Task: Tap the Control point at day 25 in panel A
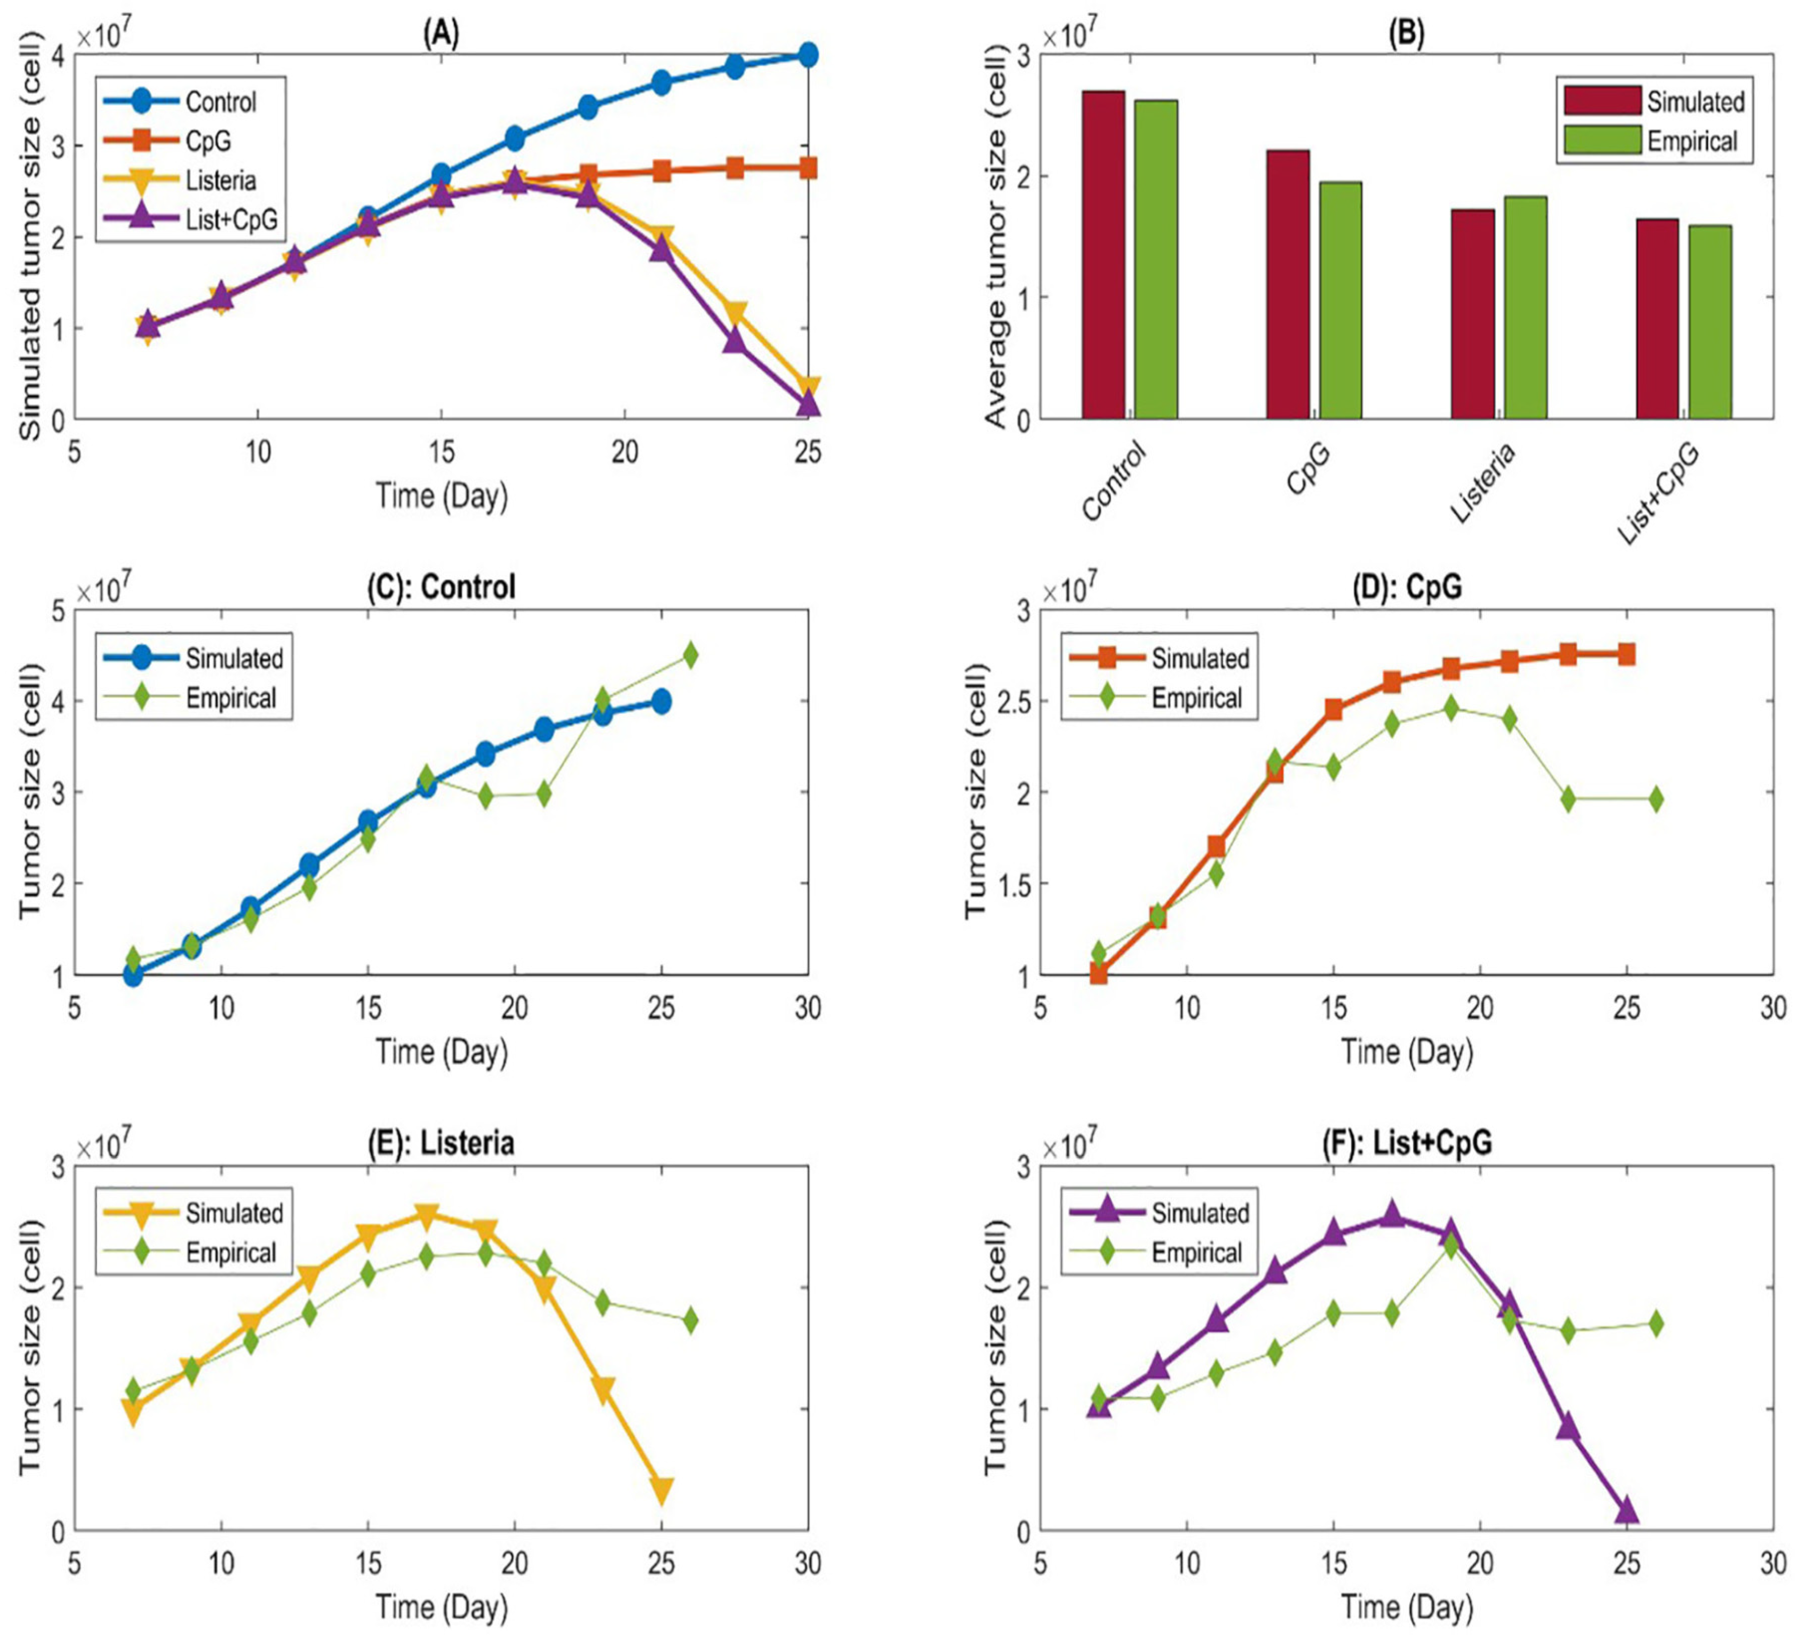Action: [808, 54]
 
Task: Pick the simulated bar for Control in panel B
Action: [1103, 255]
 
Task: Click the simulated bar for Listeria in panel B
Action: [1472, 314]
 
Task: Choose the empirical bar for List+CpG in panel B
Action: [1710, 322]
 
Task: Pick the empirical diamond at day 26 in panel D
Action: [1655, 800]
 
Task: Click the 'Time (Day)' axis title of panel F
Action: [1406, 1608]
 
